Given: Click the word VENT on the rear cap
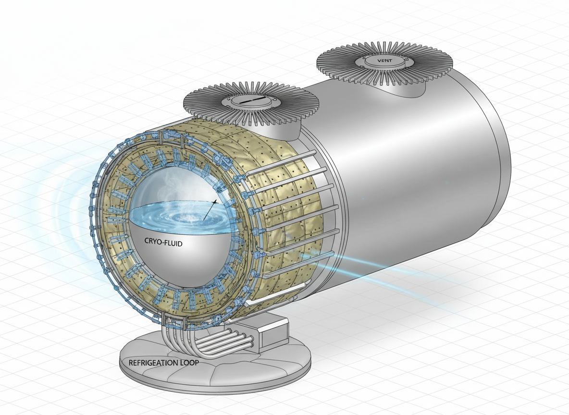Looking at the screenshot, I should point(383,61).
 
